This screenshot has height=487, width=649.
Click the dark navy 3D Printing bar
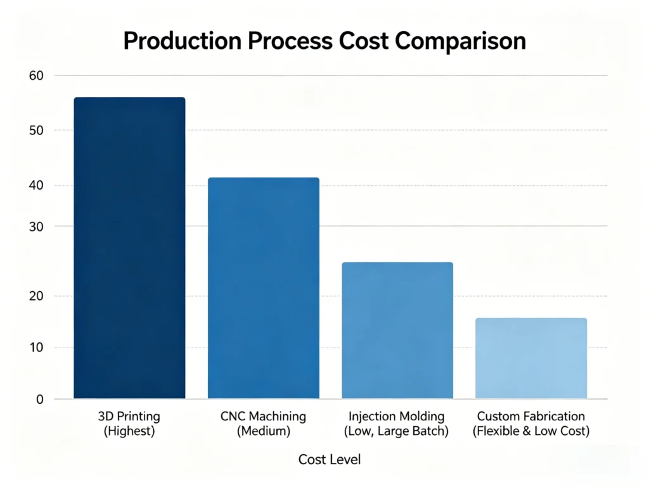[x=129, y=248]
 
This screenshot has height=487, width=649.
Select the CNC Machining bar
[x=263, y=288]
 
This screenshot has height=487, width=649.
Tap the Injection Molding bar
[x=397, y=330]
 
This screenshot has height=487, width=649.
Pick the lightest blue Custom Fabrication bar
[x=531, y=358]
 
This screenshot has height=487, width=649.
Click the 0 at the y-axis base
[x=39, y=399]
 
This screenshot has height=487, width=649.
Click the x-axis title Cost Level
[x=330, y=459]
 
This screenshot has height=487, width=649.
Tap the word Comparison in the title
[x=460, y=41]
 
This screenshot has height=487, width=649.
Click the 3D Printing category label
[x=129, y=417]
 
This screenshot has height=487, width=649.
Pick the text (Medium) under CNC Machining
[x=263, y=432]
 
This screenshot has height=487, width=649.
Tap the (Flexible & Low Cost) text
[x=531, y=432]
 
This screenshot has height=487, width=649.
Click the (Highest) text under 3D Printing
[x=129, y=432]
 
